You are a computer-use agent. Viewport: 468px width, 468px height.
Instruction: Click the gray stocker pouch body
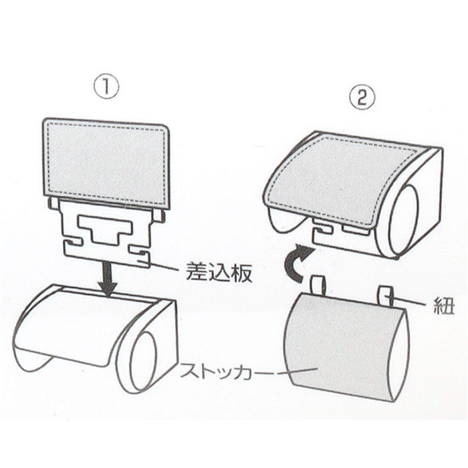341,348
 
